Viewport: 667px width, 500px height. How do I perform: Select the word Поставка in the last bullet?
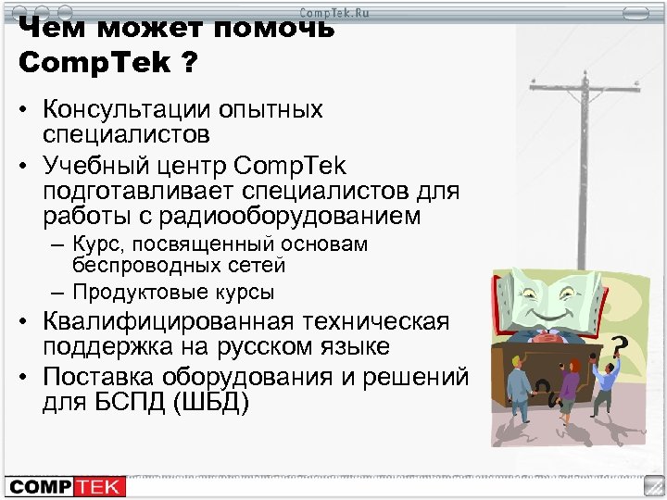click(x=86, y=378)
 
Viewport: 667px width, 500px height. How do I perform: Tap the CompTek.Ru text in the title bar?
click(x=333, y=11)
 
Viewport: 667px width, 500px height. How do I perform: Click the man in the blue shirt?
click(x=604, y=383)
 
